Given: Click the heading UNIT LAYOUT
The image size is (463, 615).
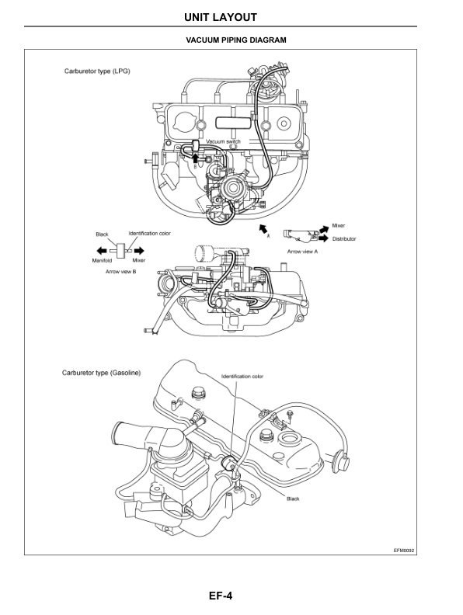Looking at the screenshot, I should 231,16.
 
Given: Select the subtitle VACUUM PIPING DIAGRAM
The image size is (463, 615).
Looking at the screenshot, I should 231,40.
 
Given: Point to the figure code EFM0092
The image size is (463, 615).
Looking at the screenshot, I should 403,549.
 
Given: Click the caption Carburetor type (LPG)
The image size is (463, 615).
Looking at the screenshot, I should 97,71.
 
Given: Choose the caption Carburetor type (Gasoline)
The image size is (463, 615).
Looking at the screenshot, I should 101,373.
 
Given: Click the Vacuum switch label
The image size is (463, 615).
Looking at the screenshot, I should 223,141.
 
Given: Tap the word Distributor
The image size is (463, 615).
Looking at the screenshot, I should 344,239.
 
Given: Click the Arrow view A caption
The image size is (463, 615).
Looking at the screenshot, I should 303,252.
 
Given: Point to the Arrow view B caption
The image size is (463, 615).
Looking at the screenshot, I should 120,271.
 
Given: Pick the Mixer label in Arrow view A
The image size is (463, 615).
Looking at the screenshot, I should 338,225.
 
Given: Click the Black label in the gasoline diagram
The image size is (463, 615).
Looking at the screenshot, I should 293,499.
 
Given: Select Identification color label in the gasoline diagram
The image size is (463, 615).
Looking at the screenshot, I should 242,376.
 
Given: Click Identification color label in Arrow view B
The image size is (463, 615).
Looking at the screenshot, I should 150,234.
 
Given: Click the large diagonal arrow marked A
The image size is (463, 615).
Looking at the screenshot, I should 264,226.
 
